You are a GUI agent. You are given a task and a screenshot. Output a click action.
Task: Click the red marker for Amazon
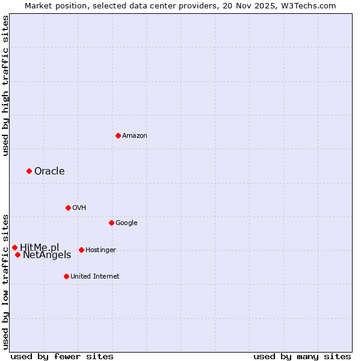tap(118, 135)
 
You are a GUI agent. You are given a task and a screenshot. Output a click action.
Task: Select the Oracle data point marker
tap(29, 171)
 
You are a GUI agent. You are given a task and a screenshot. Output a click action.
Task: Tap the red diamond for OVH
tap(68, 208)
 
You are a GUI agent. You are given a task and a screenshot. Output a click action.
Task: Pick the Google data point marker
tap(111, 223)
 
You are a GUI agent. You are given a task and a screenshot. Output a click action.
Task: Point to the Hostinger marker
tap(81, 250)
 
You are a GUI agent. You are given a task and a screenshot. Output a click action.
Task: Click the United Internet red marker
tap(66, 276)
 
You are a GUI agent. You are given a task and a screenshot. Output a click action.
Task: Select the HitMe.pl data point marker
tap(14, 247)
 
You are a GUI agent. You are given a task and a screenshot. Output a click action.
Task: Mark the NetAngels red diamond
tap(17, 255)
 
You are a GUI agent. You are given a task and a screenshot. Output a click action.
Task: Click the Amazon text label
tap(135, 136)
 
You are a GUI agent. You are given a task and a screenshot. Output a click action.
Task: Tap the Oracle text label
tap(49, 171)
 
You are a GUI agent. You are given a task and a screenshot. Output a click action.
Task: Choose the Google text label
tap(126, 223)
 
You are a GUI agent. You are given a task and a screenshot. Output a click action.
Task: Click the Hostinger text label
tap(100, 250)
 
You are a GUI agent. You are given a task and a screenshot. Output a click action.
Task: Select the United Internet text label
tap(95, 277)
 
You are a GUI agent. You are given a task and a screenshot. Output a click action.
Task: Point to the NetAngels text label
tap(47, 255)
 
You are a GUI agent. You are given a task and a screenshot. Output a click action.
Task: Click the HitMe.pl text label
tap(40, 247)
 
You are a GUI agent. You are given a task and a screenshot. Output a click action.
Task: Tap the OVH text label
tap(79, 208)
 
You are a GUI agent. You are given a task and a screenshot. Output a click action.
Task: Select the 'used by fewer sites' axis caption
tap(62, 356)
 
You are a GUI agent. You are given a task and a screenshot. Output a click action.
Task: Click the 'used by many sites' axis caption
tap(302, 356)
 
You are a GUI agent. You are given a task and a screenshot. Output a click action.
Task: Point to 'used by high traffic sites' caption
tap(5, 85)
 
